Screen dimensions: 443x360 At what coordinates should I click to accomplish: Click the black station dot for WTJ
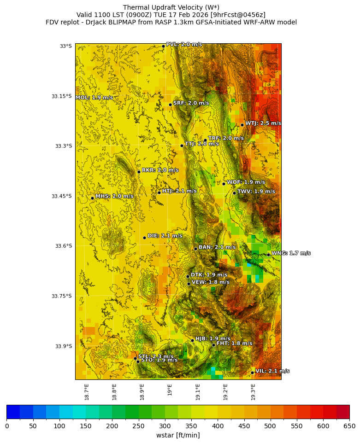point(242,125)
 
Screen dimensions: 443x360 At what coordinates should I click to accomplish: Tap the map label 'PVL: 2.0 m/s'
point(184,44)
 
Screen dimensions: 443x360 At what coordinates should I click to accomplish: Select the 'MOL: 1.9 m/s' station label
point(94,98)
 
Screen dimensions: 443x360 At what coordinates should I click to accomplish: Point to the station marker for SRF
point(170,105)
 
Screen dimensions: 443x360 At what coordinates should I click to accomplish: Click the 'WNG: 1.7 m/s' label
point(290,253)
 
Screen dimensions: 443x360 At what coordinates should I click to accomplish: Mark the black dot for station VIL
point(253,373)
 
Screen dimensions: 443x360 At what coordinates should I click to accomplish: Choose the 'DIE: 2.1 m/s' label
point(165,236)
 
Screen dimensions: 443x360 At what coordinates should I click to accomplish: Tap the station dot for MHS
point(92,198)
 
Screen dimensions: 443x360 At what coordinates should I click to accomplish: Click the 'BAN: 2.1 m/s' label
point(217,247)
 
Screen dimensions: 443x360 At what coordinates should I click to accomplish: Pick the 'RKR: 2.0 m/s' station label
point(160,170)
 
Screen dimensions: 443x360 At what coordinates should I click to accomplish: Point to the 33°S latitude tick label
point(65,46)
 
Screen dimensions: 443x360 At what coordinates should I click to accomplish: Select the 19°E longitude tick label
point(170,390)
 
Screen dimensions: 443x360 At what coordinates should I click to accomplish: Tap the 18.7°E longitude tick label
point(87,391)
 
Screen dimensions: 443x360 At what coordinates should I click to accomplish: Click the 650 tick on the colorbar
point(349,426)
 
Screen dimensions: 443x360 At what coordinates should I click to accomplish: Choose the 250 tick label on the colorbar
point(112,426)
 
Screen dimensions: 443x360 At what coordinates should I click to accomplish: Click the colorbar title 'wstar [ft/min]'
point(178,435)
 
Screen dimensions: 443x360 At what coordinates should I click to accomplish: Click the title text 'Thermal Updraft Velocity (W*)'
point(171,7)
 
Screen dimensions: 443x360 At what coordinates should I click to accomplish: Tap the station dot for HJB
point(192,340)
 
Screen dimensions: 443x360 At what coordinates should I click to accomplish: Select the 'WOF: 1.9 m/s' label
point(246,182)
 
